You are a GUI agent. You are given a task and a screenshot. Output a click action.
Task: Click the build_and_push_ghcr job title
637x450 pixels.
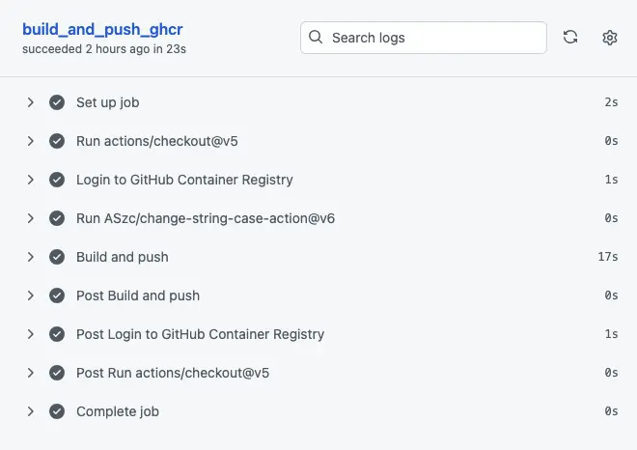coord(102,29)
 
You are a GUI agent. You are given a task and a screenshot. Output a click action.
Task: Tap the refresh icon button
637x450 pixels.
coord(570,38)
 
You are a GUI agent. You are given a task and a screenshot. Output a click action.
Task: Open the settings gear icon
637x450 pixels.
coord(609,38)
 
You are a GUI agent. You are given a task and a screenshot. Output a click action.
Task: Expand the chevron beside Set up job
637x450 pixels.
coord(31,102)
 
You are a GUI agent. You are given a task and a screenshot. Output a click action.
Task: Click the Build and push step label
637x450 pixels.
coord(122,257)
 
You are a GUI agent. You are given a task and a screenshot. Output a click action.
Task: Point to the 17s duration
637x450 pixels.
coord(607,257)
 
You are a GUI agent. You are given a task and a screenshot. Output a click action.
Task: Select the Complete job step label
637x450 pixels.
coord(117,411)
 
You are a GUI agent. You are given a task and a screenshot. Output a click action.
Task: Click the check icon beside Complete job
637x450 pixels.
coord(57,411)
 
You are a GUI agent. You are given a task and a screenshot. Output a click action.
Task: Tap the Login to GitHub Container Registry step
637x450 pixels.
coord(184,180)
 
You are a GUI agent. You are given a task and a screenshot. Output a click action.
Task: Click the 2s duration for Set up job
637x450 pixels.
coord(611,102)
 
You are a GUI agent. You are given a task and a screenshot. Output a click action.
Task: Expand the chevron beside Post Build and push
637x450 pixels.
coord(31,295)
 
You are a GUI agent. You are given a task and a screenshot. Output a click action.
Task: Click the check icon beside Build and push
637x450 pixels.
coord(57,257)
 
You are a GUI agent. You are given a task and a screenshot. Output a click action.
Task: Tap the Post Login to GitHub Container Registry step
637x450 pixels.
coord(200,334)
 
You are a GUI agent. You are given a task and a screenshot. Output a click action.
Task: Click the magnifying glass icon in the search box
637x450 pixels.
coord(316,38)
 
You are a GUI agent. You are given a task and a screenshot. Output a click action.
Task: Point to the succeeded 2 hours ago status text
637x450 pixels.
coord(104,48)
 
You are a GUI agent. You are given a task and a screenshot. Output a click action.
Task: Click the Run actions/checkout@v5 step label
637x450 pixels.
coord(157,141)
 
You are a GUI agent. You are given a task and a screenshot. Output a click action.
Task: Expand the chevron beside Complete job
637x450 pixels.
coord(31,411)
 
